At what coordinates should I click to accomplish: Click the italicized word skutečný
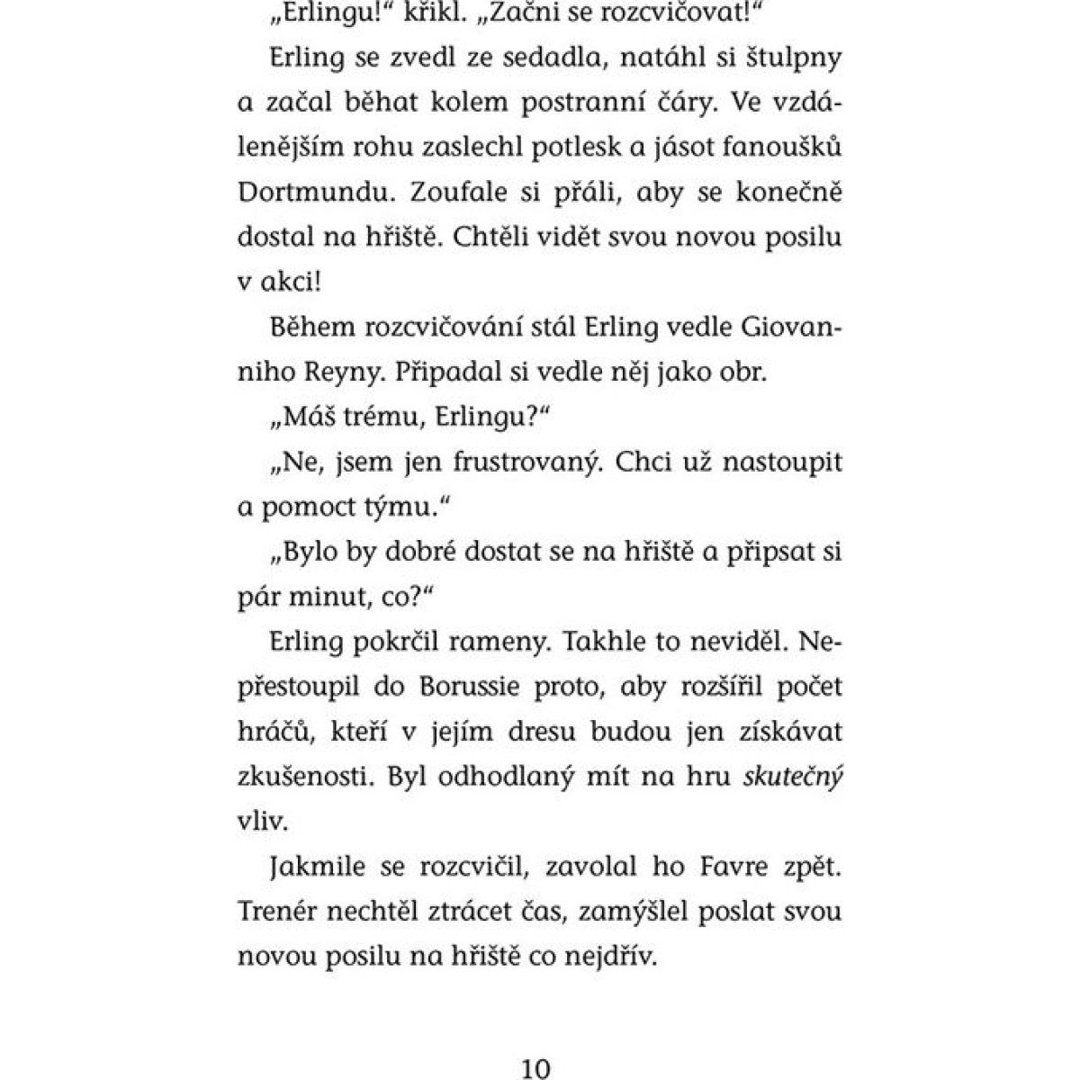(793, 778)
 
